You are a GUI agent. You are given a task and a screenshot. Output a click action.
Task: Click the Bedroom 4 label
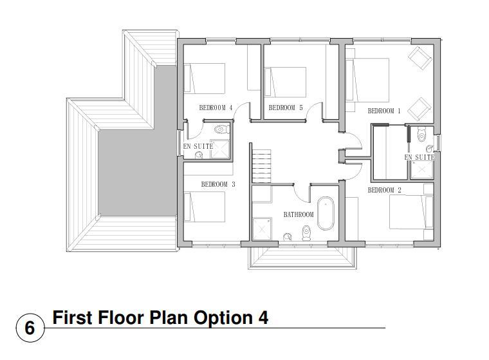coord(216,108)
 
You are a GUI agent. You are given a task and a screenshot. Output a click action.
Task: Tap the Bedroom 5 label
coord(286,108)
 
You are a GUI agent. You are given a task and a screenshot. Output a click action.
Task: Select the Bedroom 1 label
coord(384,111)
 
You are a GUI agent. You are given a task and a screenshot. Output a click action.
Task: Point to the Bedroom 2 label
coord(385,190)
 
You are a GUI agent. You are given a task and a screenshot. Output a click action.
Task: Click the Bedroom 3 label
coord(218,185)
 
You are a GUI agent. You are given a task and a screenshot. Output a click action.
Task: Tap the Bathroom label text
coord(299,215)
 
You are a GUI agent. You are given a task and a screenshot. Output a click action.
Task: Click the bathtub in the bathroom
coord(326,214)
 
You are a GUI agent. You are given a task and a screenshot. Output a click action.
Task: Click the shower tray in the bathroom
coord(262,229)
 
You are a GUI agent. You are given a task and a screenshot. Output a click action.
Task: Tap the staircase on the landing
coord(261,166)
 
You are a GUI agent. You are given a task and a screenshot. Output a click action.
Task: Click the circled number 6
coord(30,328)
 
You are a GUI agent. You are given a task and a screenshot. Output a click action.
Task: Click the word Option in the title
coord(223,319)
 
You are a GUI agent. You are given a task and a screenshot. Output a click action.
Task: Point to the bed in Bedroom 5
coord(285,82)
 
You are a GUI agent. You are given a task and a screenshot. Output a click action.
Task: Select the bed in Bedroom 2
coord(411,213)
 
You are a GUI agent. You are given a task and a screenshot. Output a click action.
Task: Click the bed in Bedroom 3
coord(204,207)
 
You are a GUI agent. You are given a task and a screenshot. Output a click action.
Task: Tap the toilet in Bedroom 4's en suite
coord(221,129)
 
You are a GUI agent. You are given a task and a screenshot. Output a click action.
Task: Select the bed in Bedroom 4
coord(204,79)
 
